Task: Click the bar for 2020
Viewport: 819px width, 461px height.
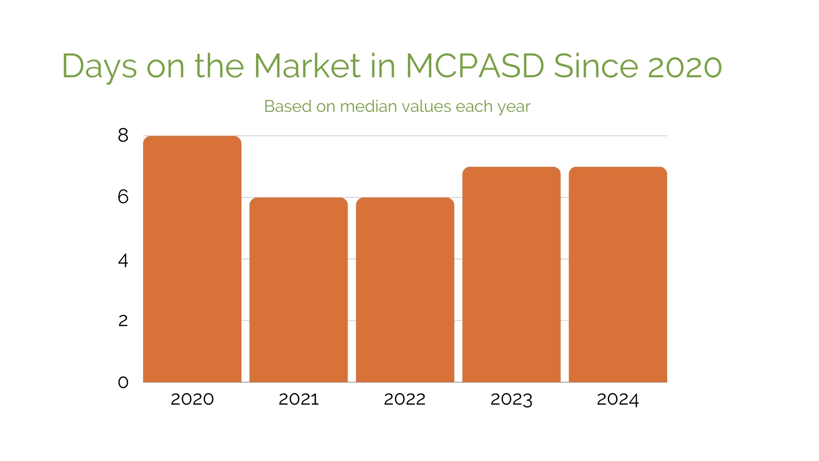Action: coord(192,259)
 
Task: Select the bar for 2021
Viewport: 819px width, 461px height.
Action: coord(299,289)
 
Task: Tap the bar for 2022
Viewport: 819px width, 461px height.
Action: coord(405,289)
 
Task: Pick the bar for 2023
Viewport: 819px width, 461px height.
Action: coord(511,274)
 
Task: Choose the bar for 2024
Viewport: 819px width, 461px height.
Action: coord(618,274)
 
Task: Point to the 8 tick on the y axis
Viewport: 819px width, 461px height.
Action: coord(123,136)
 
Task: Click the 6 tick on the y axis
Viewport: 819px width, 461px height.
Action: coord(123,197)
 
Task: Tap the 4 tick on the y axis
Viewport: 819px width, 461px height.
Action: coord(123,260)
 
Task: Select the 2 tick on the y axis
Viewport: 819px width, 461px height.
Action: coord(123,321)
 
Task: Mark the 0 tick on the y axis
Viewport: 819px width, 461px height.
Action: coord(123,382)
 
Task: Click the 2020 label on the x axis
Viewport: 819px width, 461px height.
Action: coord(192,400)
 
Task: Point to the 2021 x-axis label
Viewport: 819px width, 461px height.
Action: coord(299,400)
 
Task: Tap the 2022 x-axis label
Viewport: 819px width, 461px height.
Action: coord(405,400)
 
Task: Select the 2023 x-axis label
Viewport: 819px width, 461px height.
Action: coord(511,400)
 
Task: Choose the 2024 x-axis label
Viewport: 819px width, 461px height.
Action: coord(618,400)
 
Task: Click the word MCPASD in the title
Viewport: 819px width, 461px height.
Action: coord(475,66)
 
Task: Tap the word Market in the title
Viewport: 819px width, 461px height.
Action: coord(307,66)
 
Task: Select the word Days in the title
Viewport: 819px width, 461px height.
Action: coord(99,67)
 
